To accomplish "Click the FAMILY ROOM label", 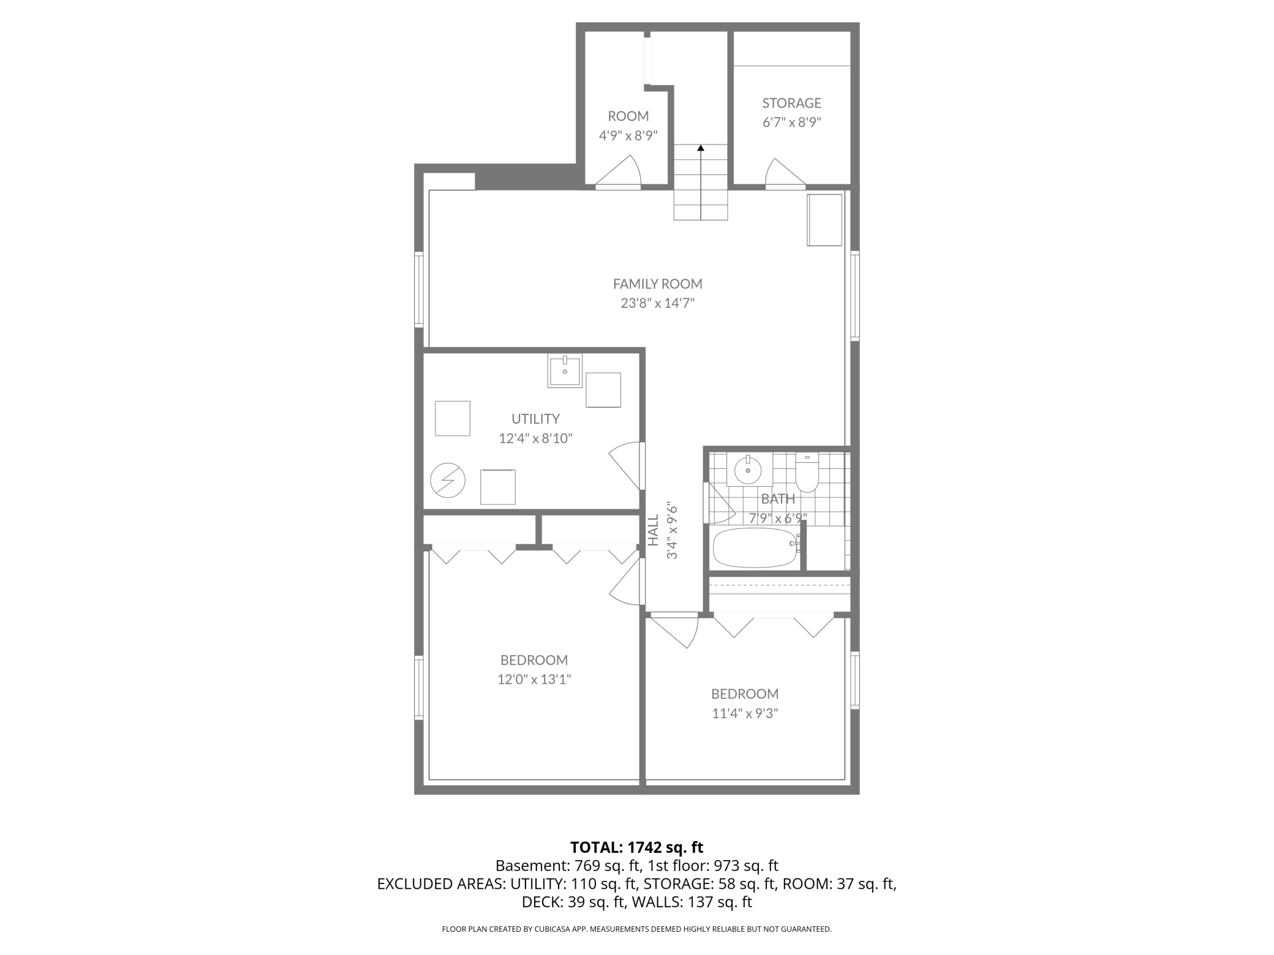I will (x=657, y=284).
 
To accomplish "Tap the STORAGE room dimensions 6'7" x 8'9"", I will (x=791, y=122).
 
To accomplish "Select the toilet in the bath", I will (x=807, y=473).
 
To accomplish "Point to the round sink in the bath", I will (x=747, y=470).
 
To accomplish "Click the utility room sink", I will (x=565, y=370).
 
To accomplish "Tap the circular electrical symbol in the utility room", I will (x=448, y=481).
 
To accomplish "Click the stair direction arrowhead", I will (x=701, y=148).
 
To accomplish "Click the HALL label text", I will (x=654, y=530).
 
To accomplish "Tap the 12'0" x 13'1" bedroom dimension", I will (x=534, y=680).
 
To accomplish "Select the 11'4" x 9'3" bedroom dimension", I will (x=745, y=713).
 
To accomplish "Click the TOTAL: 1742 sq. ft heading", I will (x=636, y=847).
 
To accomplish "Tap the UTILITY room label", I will (x=535, y=419).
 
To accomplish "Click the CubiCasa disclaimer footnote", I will (x=636, y=929).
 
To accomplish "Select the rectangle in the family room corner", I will (x=824, y=220).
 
